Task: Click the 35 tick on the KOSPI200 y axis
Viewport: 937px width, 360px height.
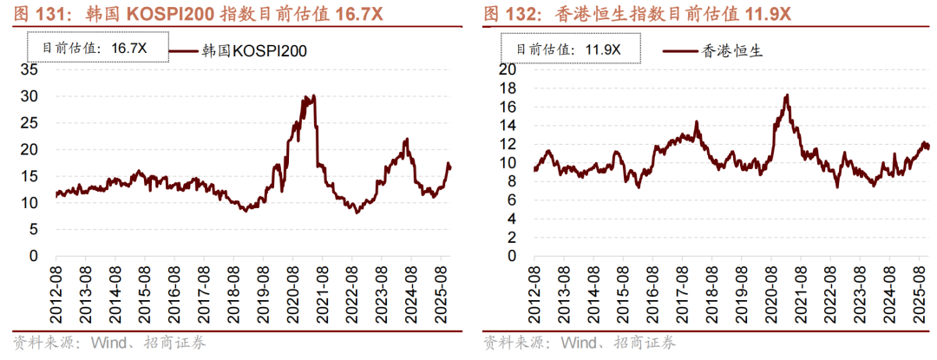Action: pyautogui.click(x=30, y=69)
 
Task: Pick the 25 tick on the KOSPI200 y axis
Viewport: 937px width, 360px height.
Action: pyautogui.click(x=30, y=123)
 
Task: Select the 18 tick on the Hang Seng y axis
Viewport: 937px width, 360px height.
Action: pyautogui.click(x=508, y=88)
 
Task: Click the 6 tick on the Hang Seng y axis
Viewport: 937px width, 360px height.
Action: pyautogui.click(x=513, y=200)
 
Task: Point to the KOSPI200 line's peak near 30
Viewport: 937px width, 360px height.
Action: pyautogui.click(x=312, y=96)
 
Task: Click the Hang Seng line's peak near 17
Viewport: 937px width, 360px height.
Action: pyautogui.click(x=786, y=95)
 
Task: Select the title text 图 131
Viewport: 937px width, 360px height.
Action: pyautogui.click(x=31, y=15)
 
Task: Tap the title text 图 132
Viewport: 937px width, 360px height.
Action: pyautogui.click(x=504, y=15)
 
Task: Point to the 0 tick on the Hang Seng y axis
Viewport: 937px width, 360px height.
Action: pyautogui.click(x=513, y=256)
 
